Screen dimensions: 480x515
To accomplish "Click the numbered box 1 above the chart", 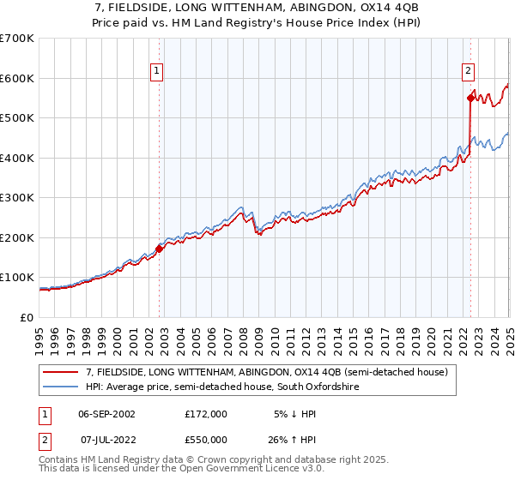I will point(159,72).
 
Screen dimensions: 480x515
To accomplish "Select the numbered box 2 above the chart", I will point(469,72).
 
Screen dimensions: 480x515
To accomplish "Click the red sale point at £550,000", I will point(470,98).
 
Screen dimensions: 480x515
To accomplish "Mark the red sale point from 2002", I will point(159,249).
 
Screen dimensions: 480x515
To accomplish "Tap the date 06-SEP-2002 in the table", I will point(106,414).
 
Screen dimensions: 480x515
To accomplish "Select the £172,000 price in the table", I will point(206,414).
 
